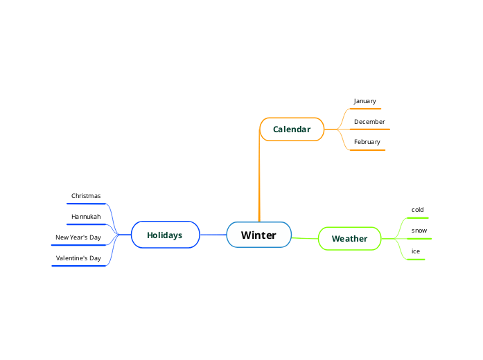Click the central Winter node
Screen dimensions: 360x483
pyautogui.click(x=258, y=235)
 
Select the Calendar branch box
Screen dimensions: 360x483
pyautogui.click(x=292, y=129)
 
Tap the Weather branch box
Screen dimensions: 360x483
pyautogui.click(x=349, y=239)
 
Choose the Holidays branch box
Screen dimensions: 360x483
pyautogui.click(x=165, y=235)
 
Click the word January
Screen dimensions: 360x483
pyautogui.click(x=365, y=101)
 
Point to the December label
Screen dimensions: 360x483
pyautogui.click(x=369, y=122)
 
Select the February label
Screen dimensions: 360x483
pyautogui.click(x=367, y=142)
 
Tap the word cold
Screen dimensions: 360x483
pyautogui.click(x=417, y=209)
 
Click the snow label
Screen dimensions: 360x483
pyautogui.click(x=419, y=230)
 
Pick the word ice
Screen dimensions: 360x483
pyautogui.click(x=416, y=251)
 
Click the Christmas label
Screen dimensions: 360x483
pyautogui.click(x=86, y=196)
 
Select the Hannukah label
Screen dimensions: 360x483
pyautogui.click(x=86, y=217)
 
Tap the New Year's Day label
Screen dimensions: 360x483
pyautogui.click(x=78, y=237)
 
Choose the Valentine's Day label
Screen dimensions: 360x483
pyautogui.click(x=78, y=258)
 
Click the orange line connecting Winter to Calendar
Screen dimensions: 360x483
pyautogui.click(x=259, y=180)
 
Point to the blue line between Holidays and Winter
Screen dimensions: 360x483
pyautogui.click(x=213, y=235)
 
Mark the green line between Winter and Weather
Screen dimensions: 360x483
pyautogui.click(x=305, y=238)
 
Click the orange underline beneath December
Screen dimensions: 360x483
pyautogui.click(x=369, y=129)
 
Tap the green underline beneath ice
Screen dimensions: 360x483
pyautogui.click(x=415, y=259)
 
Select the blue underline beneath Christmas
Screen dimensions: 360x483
pyautogui.click(x=87, y=204)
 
